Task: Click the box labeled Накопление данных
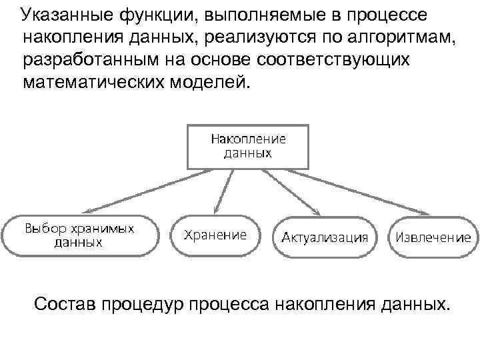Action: (x=248, y=146)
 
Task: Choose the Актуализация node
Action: (x=325, y=237)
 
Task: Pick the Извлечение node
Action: (x=433, y=237)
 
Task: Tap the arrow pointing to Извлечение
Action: (x=367, y=190)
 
